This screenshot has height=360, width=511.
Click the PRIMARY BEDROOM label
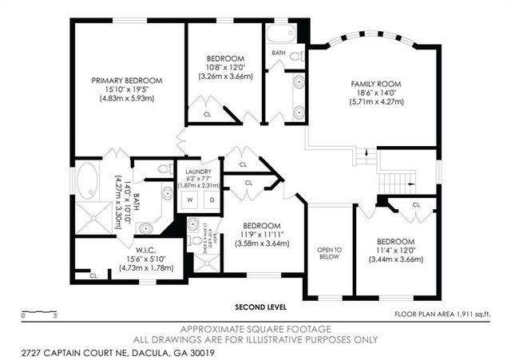click(x=127, y=81)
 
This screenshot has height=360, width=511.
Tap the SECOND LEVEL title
click(x=260, y=307)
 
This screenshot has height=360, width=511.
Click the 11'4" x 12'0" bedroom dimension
click(x=396, y=251)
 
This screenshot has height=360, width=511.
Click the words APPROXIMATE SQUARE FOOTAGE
click(x=255, y=329)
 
